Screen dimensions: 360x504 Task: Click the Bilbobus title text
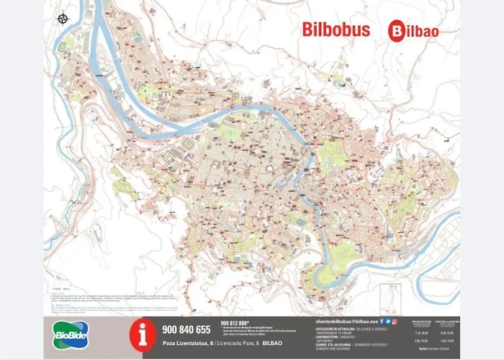(x=336, y=30)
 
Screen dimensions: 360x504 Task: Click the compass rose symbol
(x=63, y=18)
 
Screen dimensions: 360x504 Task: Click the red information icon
(x=142, y=334)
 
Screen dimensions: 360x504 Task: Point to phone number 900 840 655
(x=186, y=330)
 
